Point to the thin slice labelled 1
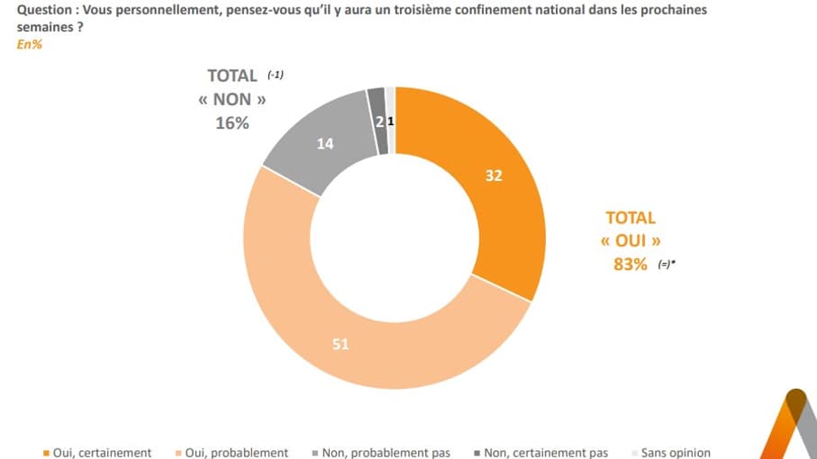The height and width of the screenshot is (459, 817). tap(391, 121)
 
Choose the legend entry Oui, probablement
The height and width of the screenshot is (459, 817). tap(236, 453)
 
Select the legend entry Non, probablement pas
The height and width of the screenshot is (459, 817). tap(386, 453)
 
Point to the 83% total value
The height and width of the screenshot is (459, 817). tap(630, 265)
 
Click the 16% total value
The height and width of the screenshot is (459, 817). tap(231, 123)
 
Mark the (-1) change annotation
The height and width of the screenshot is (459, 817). tap(276, 75)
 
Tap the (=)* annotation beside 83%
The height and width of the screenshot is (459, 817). tap(667, 265)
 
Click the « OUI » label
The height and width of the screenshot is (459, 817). tap(631, 241)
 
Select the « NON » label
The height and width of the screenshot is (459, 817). tap(231, 100)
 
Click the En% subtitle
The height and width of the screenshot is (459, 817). tap(30, 44)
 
